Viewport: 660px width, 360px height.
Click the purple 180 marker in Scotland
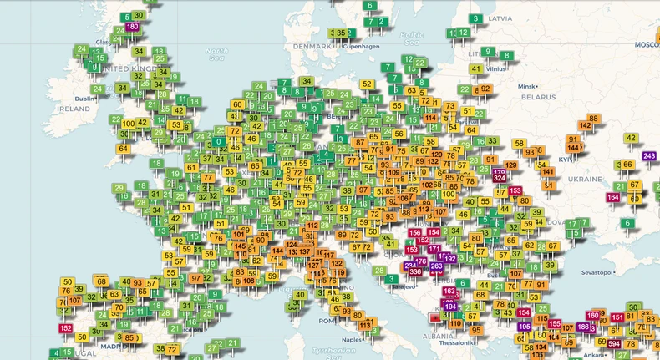click(x=132, y=27)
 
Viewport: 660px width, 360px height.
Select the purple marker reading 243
click(x=650, y=156)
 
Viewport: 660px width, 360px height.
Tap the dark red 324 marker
click(x=499, y=177)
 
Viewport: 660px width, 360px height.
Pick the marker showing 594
click(x=614, y=344)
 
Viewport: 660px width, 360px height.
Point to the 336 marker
click(x=415, y=271)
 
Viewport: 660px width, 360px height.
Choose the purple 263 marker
click(x=436, y=266)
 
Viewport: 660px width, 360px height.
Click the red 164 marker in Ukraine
click(x=613, y=197)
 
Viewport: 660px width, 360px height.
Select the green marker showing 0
click(x=218, y=142)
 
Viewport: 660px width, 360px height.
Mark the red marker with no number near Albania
click(x=433, y=317)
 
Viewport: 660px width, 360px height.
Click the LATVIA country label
click(x=500, y=18)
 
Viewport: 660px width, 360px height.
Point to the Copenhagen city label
click(x=364, y=47)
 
